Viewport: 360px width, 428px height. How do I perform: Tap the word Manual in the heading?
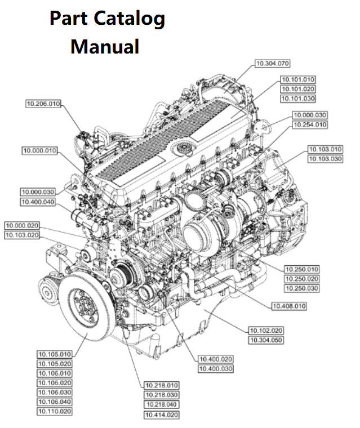[x=105, y=46]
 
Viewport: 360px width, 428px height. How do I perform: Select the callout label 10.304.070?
[x=273, y=64]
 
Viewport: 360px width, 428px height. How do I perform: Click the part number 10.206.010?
[x=43, y=103]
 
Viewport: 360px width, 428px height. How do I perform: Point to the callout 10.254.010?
[x=309, y=124]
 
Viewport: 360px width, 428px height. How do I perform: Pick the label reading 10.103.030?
[x=325, y=159]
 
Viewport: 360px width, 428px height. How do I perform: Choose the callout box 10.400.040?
[x=38, y=202]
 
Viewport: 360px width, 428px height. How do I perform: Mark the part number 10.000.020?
[x=23, y=225]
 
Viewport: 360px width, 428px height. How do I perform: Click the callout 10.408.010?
[x=289, y=306]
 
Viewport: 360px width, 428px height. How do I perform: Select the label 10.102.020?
[x=266, y=330]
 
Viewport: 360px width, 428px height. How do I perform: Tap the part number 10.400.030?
[x=216, y=368]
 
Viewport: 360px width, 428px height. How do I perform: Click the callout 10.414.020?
[x=161, y=414]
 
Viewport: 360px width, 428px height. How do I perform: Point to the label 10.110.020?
[x=55, y=412]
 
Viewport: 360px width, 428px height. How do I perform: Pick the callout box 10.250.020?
[x=301, y=279]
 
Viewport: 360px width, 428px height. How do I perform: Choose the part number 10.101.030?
[x=298, y=99]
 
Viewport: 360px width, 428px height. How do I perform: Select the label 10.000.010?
[x=39, y=150]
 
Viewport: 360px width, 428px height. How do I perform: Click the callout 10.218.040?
[x=161, y=405]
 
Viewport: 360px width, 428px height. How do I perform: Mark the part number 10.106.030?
[x=55, y=393]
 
